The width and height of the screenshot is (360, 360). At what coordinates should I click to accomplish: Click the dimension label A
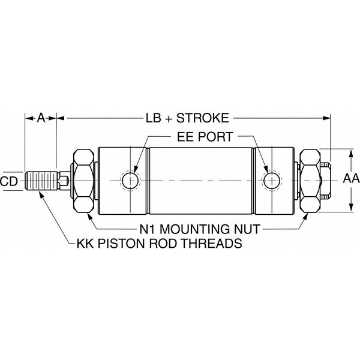pyautogui.click(x=40, y=118)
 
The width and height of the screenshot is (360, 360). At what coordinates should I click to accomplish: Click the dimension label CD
pyautogui.click(x=9, y=179)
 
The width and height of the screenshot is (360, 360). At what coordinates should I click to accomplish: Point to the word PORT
pyautogui.click(x=215, y=137)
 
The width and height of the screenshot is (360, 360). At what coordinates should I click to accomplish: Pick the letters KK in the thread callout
pyautogui.click(x=85, y=244)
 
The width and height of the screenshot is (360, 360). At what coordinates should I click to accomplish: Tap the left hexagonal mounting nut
pyautogui.click(x=84, y=179)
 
